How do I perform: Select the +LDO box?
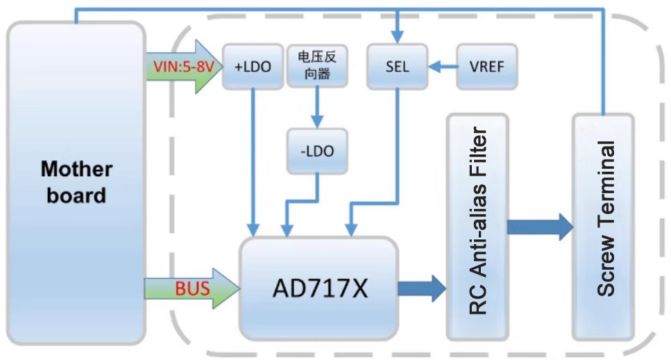click(248, 67)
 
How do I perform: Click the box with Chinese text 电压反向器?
click(317, 67)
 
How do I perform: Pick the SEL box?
click(397, 67)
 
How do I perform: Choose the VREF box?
click(486, 67)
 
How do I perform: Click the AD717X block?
click(319, 287)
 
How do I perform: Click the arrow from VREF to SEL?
click(442, 67)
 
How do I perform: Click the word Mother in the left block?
click(76, 169)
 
